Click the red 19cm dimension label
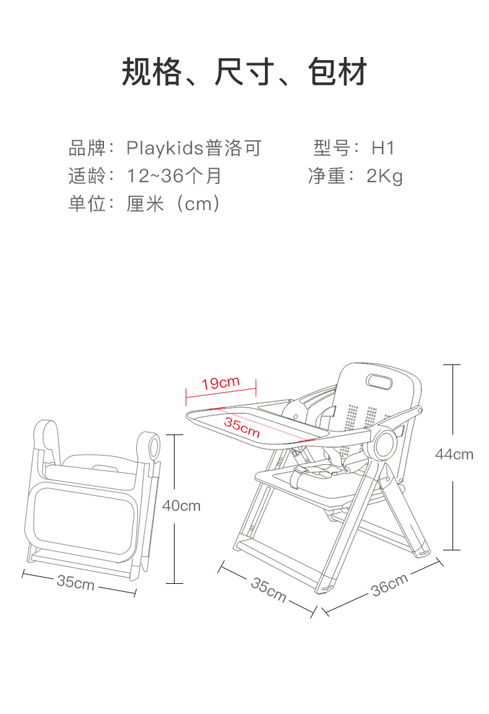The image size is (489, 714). point(220,383)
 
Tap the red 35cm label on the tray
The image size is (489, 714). point(241,428)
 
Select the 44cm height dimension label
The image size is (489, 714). point(454,454)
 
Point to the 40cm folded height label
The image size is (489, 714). point(181,506)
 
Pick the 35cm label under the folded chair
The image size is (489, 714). point(76,582)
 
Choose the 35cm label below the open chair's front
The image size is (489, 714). point(269,589)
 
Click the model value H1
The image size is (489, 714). point(383,148)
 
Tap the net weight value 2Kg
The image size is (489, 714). point(384,176)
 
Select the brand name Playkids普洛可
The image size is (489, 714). point(194,148)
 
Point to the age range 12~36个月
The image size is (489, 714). point(174,176)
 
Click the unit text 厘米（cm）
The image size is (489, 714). point(173,203)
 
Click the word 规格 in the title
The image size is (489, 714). point(152,72)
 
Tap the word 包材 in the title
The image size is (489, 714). point(337,72)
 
